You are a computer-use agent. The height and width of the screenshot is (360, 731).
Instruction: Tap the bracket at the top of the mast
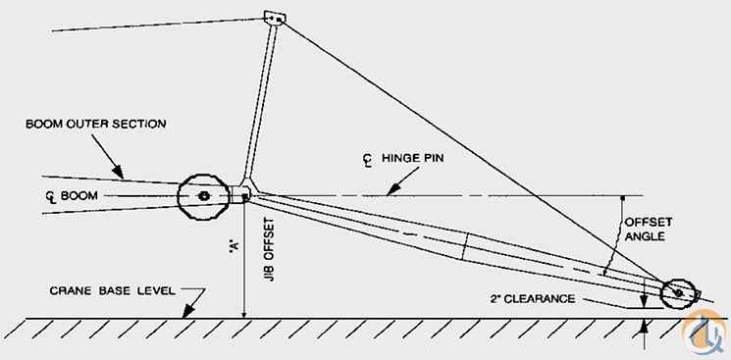(275, 18)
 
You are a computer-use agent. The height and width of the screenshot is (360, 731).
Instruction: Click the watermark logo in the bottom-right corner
(705, 332)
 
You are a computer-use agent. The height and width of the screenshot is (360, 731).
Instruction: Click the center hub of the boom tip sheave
(204, 196)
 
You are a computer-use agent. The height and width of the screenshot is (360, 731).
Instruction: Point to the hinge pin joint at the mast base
(244, 196)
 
